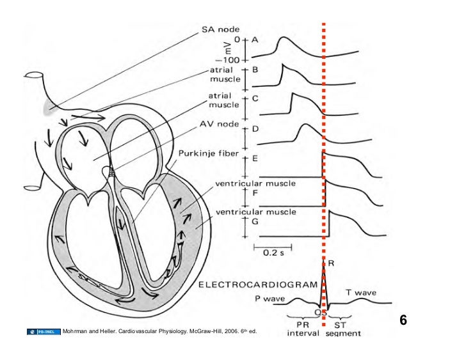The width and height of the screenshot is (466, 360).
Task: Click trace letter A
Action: point(255,40)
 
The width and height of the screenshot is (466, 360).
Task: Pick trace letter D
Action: point(255,129)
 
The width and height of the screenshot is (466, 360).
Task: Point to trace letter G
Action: point(255,221)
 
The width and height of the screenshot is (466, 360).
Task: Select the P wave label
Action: point(265,298)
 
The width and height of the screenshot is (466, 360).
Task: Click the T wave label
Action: point(361,292)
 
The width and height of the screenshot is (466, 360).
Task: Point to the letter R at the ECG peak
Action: point(331,263)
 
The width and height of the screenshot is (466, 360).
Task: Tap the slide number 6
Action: point(403,320)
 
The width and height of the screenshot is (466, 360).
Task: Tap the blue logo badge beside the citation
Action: point(44,332)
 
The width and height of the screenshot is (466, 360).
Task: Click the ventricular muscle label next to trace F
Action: point(246,184)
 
